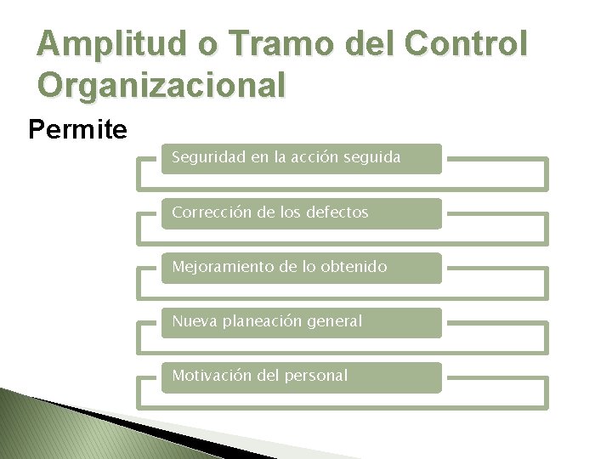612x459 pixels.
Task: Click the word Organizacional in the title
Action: click(x=161, y=85)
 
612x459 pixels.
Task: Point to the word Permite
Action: click(x=77, y=130)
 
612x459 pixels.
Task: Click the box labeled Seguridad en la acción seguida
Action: click(x=302, y=158)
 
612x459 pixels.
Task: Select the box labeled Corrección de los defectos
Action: click(x=302, y=212)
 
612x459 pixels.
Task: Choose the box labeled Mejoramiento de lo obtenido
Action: click(x=302, y=267)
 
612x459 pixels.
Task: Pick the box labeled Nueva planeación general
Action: click(x=302, y=321)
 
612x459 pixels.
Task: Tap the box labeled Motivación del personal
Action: click(x=302, y=376)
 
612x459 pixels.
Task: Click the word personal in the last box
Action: click(x=316, y=376)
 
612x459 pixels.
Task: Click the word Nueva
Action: click(x=192, y=321)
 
